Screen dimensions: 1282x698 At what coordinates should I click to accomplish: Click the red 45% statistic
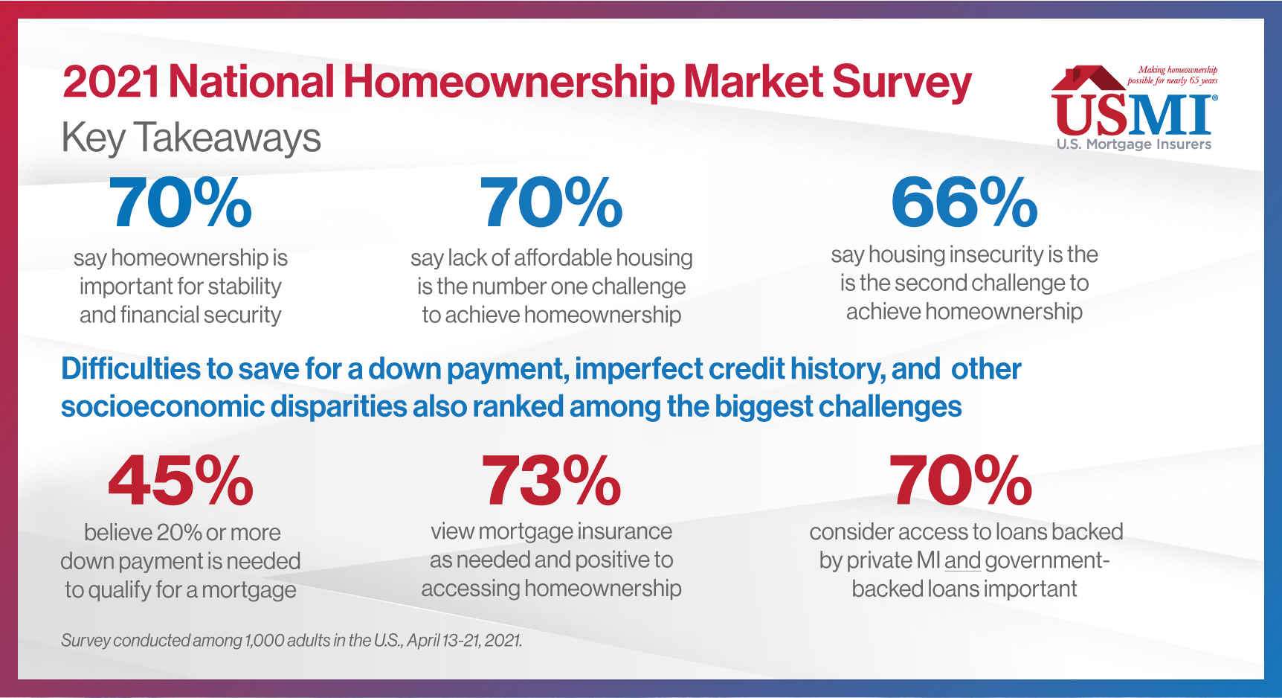point(181,481)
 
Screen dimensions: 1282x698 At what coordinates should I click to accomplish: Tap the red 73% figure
point(551,481)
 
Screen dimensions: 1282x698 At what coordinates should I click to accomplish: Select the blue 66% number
point(964,202)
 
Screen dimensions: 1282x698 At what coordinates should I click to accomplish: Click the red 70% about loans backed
point(961,481)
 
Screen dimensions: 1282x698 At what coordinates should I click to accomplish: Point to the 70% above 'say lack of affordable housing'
point(551,202)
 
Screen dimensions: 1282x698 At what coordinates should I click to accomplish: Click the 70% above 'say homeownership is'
point(180,202)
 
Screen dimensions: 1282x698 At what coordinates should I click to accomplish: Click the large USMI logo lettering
point(1134,114)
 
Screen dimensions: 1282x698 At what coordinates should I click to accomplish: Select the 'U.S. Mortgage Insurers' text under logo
point(1134,144)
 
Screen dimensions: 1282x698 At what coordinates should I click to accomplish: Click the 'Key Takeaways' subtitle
point(191,138)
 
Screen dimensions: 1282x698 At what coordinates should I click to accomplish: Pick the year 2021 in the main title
point(111,82)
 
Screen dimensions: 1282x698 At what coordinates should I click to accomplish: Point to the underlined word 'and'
point(963,560)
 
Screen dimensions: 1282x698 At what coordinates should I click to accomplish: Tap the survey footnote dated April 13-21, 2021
point(291,640)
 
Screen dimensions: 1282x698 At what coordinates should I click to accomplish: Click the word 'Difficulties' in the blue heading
point(131,369)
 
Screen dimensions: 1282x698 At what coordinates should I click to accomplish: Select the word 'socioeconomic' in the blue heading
point(161,407)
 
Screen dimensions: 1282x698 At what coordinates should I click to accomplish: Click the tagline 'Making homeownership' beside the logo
point(1178,70)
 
